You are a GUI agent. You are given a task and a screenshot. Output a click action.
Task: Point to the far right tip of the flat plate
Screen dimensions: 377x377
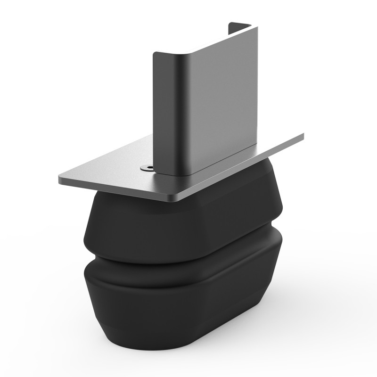(303, 135)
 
